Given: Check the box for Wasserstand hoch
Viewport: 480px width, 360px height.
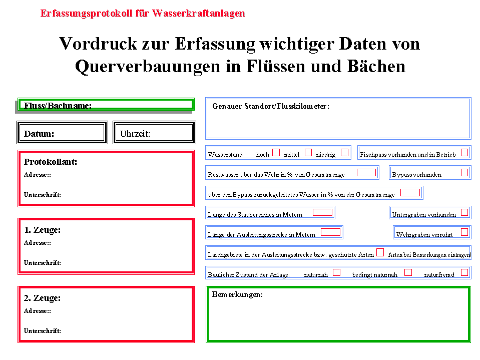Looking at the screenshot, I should click(276, 152).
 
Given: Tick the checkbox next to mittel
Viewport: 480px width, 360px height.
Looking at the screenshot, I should click(308, 152).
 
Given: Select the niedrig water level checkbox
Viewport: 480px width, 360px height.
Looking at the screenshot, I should click(344, 152).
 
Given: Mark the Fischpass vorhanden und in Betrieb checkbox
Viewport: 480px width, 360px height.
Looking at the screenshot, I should click(464, 152).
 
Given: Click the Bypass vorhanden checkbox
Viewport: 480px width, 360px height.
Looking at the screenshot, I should click(464, 172).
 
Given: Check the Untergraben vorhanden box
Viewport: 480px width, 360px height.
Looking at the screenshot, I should click(464, 212).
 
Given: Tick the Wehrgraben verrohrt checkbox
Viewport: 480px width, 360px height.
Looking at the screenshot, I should click(464, 232).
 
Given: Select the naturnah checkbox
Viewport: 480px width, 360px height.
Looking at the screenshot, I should click(337, 272).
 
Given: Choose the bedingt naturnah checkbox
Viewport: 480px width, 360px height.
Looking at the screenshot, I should click(408, 272).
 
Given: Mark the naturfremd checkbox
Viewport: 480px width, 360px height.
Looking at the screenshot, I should click(464, 272).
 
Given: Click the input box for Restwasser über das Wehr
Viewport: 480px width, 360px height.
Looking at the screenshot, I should click(366, 172).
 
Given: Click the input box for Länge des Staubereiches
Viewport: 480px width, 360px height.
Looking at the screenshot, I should click(322, 212).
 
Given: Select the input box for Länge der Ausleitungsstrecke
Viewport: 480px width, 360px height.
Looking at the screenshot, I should click(330, 232).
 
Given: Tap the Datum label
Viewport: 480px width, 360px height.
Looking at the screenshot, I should click(39, 134).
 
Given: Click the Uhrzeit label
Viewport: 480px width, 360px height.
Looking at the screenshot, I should click(135, 134).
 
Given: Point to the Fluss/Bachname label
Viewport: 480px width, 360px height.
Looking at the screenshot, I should click(58, 105).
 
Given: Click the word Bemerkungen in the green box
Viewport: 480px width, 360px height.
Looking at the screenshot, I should click(237, 294).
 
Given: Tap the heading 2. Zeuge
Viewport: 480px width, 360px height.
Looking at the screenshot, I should click(42, 298).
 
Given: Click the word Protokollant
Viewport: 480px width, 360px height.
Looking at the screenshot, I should click(51, 162).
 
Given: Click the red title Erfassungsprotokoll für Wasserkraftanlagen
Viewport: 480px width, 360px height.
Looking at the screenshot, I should click(143, 14).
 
